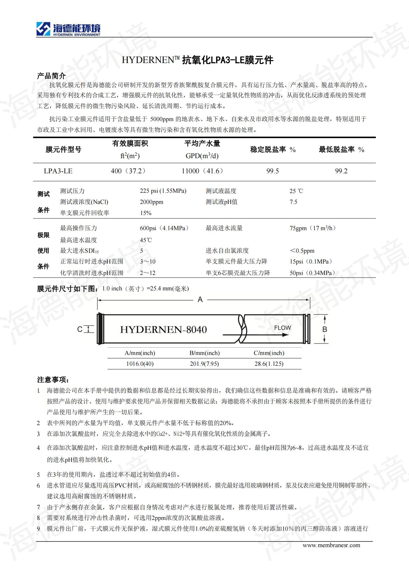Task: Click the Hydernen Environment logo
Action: [x=68, y=29]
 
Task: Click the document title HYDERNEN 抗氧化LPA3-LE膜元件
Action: [x=198, y=60]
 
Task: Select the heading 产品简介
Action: [x=51, y=76]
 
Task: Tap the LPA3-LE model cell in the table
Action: [x=58, y=171]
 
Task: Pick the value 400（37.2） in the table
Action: [x=128, y=171]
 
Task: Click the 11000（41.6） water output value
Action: [x=202, y=171]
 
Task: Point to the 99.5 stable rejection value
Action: [x=273, y=171]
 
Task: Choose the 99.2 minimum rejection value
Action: [x=341, y=171]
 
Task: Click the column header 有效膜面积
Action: [x=130, y=144]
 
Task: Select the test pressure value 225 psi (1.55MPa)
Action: [x=163, y=191]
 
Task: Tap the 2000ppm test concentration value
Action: [x=151, y=202]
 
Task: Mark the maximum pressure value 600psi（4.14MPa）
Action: [x=164, y=228]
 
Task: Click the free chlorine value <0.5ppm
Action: [x=302, y=251]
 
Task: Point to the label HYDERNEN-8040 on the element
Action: [x=163, y=330]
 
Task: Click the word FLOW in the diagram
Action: [x=283, y=328]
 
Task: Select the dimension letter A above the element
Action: [x=200, y=299]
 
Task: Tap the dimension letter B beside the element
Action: [x=325, y=329]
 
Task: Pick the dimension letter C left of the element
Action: [x=80, y=329]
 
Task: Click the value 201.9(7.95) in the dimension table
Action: [x=204, y=364]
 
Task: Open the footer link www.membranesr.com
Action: [x=331, y=545]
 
